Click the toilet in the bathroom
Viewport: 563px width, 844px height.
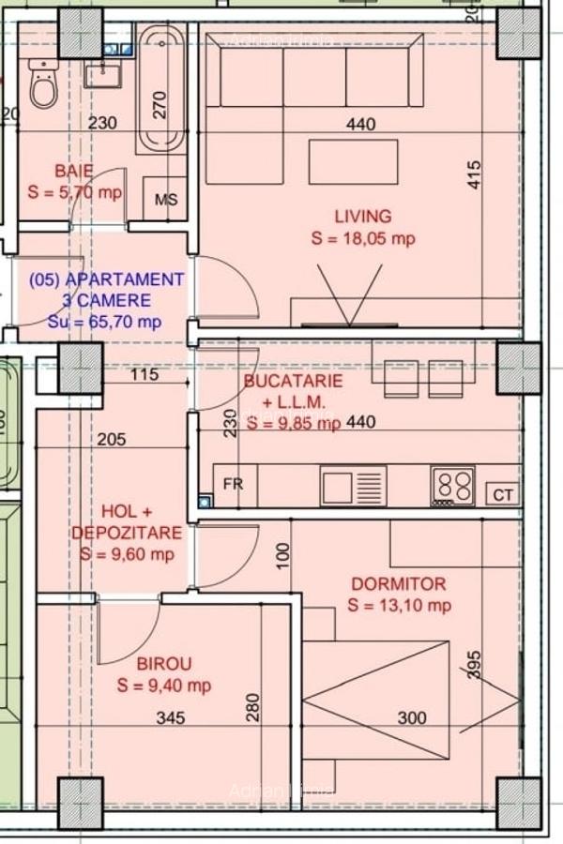43,84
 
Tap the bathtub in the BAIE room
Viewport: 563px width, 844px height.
162,89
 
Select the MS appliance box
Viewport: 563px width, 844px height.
165,200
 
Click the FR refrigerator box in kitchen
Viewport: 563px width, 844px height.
234,485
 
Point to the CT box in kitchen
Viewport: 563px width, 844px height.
502,494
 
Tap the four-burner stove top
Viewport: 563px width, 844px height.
453,486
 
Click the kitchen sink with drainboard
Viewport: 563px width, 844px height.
353,486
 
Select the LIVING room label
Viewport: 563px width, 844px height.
362,217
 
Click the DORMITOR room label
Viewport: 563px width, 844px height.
399,583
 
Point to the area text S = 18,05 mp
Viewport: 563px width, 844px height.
362,239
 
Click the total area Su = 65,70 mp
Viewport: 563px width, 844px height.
104,322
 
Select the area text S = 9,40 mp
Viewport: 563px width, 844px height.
164,686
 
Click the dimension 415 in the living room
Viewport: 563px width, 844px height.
474,175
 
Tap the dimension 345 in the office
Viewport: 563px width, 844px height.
171,718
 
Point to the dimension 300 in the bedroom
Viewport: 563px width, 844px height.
412,718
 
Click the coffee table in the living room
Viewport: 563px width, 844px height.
353,161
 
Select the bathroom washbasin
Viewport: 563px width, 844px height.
102,73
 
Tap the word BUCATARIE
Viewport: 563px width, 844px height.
292,382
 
